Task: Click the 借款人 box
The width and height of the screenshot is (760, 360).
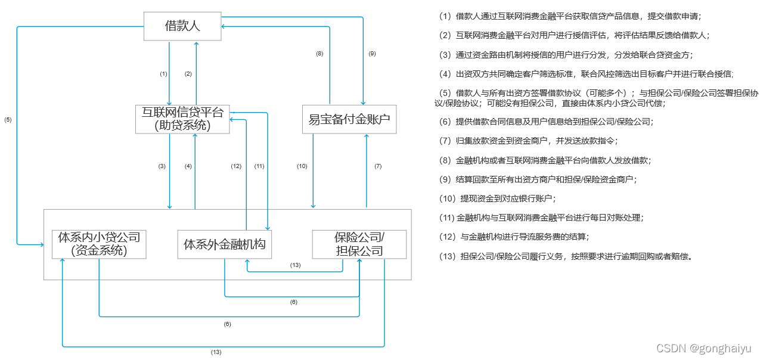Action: tap(182, 26)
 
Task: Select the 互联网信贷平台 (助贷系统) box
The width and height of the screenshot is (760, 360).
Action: tap(182, 119)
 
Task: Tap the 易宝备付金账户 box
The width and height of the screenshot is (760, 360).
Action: tap(349, 119)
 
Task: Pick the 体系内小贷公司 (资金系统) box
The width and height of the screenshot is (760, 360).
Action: tap(99, 244)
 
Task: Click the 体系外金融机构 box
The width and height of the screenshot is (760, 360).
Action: tap(224, 244)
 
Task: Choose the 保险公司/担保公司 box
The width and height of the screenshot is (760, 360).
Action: tap(359, 244)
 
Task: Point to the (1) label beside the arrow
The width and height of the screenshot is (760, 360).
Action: tap(163, 74)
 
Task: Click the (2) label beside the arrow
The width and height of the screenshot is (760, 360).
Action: tap(188, 74)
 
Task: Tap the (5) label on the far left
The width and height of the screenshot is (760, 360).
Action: tap(8, 120)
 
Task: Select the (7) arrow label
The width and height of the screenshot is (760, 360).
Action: tap(377, 166)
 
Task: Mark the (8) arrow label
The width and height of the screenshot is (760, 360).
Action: tap(319, 54)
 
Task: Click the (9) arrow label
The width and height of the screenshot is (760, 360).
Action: tap(372, 54)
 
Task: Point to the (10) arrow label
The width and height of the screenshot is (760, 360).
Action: tap(302, 166)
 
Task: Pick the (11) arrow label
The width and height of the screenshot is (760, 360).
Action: tap(259, 166)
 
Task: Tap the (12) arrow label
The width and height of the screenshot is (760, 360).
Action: tap(236, 166)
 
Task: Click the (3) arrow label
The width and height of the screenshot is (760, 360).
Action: tap(162, 166)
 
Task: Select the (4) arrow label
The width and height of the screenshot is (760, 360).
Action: tap(188, 166)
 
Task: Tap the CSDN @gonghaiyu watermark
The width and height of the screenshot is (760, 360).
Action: tap(703, 348)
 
